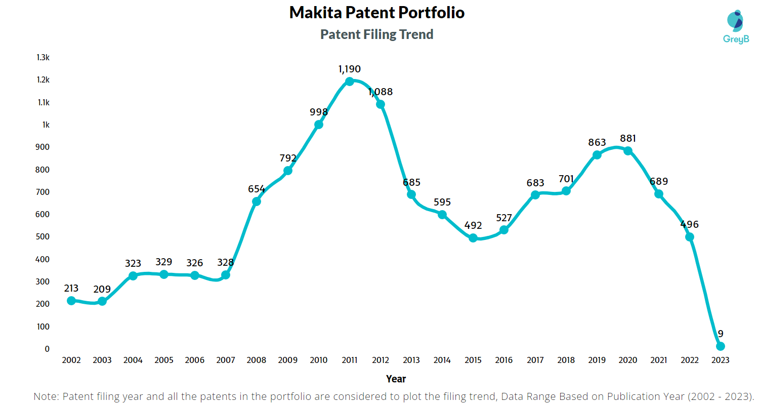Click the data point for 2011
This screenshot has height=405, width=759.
[350, 82]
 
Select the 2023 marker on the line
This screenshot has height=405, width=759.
[721, 346]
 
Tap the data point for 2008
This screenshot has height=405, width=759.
[257, 201]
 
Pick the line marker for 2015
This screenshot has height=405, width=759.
[473, 238]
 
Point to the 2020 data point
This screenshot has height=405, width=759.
[628, 151]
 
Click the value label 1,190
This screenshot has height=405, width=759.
[350, 69]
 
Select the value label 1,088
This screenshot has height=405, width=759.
[381, 92]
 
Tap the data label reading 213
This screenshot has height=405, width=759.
[71, 288]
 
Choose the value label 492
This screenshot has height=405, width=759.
[473, 225]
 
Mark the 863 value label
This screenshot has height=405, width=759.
[597, 142]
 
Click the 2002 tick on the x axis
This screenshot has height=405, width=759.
[71, 360]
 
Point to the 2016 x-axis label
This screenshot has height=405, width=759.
[504, 360]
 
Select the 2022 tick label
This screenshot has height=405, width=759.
[690, 360]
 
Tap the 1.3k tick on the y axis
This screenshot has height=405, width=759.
[43, 58]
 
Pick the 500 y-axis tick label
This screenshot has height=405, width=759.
[43, 237]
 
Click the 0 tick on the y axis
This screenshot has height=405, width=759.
[47, 349]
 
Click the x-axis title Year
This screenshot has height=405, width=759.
[396, 379]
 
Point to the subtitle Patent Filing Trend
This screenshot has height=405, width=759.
[377, 34]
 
